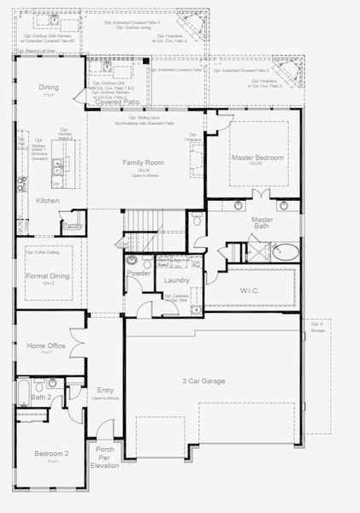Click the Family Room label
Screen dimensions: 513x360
(143, 162)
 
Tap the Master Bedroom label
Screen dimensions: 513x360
(258, 158)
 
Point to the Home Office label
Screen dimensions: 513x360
(47, 345)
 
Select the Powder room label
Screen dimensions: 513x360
(139, 274)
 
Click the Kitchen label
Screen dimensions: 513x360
(47, 200)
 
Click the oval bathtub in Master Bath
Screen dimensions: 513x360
(286, 253)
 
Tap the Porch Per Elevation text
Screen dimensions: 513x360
(105, 457)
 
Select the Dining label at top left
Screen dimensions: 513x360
(49, 87)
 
